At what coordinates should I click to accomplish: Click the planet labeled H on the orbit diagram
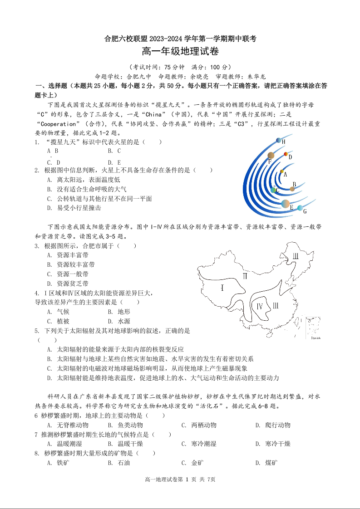coord(278,141)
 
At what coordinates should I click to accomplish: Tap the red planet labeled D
coord(286,154)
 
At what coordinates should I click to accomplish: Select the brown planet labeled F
coord(271,156)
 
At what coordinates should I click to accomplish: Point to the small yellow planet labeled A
coord(282,171)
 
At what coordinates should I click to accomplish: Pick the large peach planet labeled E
coord(286,204)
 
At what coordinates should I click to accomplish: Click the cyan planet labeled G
coord(300,208)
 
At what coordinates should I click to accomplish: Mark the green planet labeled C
coord(272,190)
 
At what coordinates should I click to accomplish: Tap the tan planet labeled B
coord(292,188)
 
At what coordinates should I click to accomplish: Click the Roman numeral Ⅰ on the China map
coord(222,288)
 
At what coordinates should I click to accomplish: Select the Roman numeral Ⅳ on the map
coord(260,307)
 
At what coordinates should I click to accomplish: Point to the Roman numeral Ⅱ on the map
coord(245,276)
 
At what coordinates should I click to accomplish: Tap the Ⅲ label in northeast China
coord(296,256)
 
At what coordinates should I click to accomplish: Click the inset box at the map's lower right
coord(313,328)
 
